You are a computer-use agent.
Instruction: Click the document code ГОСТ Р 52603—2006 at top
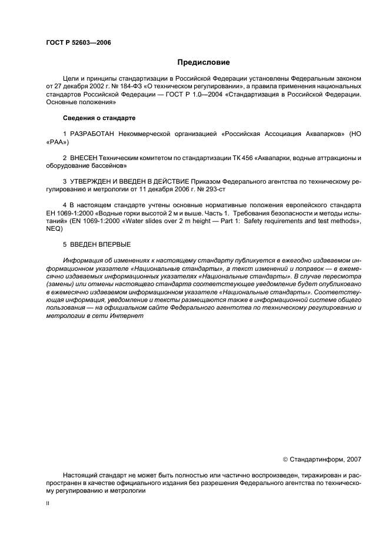pyautogui.click(x=78, y=43)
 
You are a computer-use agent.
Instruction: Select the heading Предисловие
pyautogui.click(x=204, y=62)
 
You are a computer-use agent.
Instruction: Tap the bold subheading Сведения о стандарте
pyautogui.click(x=99, y=118)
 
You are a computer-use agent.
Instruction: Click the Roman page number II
pyautogui.click(x=48, y=504)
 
